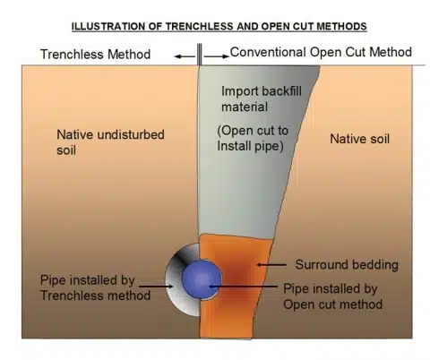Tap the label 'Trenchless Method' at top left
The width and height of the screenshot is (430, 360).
coord(96,56)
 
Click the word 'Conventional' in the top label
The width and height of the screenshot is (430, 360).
coord(269,53)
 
